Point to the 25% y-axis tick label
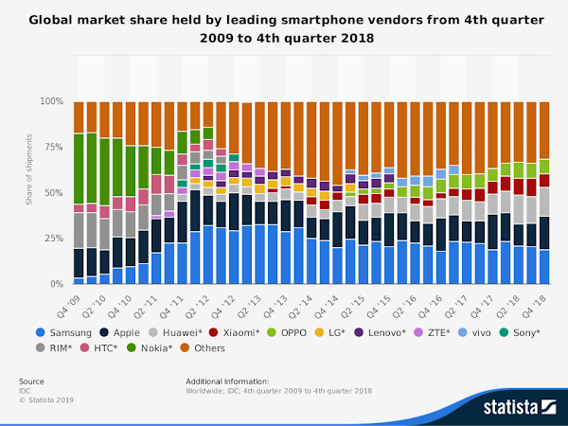tap(53, 238)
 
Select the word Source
tap(31, 382)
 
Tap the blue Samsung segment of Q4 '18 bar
tap(543, 266)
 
